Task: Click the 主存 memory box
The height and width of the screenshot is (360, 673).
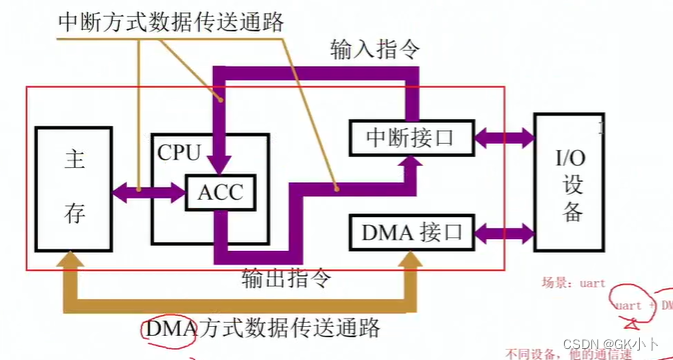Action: click(71, 188)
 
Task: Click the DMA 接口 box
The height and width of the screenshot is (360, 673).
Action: click(408, 233)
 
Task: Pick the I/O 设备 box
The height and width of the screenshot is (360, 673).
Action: click(571, 181)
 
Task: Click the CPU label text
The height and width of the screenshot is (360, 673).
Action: click(179, 153)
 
